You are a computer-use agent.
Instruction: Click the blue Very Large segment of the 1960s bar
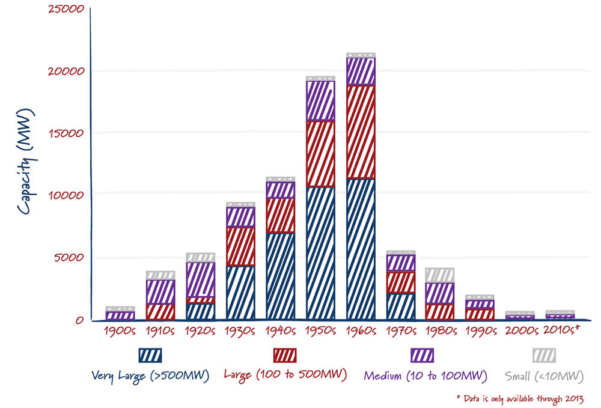coord(361,249)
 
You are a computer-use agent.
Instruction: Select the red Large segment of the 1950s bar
coord(320,154)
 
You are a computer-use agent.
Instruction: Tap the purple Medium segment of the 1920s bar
coord(200,279)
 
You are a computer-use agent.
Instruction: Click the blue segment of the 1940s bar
coord(280,276)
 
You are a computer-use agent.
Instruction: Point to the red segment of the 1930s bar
coord(240,246)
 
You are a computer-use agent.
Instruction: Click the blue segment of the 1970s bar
coord(401,306)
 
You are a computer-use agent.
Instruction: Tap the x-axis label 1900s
coord(120,330)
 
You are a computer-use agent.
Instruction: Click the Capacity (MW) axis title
coord(26,162)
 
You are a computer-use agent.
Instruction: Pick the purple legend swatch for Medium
coord(422,355)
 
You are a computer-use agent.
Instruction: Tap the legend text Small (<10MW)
coord(545,376)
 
